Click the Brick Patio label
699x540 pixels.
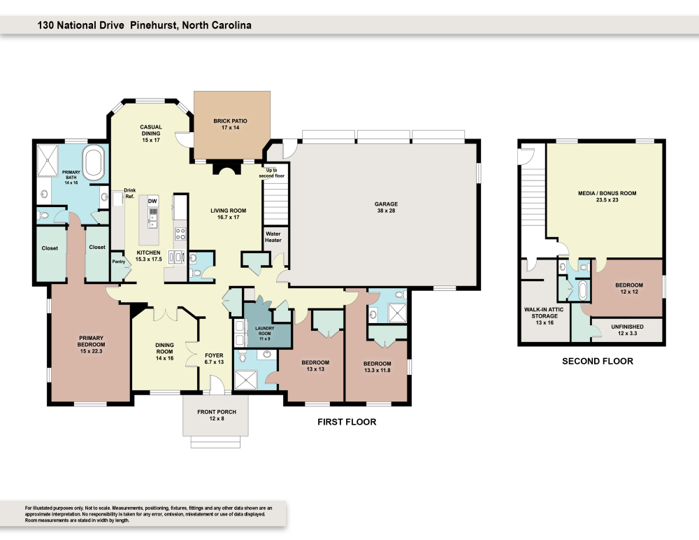tap(230, 125)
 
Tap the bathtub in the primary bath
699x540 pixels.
tap(94, 162)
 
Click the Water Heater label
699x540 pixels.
tap(273, 236)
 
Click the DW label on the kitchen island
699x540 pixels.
tap(152, 201)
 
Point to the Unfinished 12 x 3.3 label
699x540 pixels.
tap(626, 329)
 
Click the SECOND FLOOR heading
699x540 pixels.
tap(598, 362)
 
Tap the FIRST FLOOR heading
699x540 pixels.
tap(347, 422)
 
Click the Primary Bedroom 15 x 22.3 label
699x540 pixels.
tap(91, 348)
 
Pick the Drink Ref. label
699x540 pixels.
tap(129, 193)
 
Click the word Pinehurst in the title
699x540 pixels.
tap(154, 25)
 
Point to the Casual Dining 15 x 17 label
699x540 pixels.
tap(150, 133)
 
